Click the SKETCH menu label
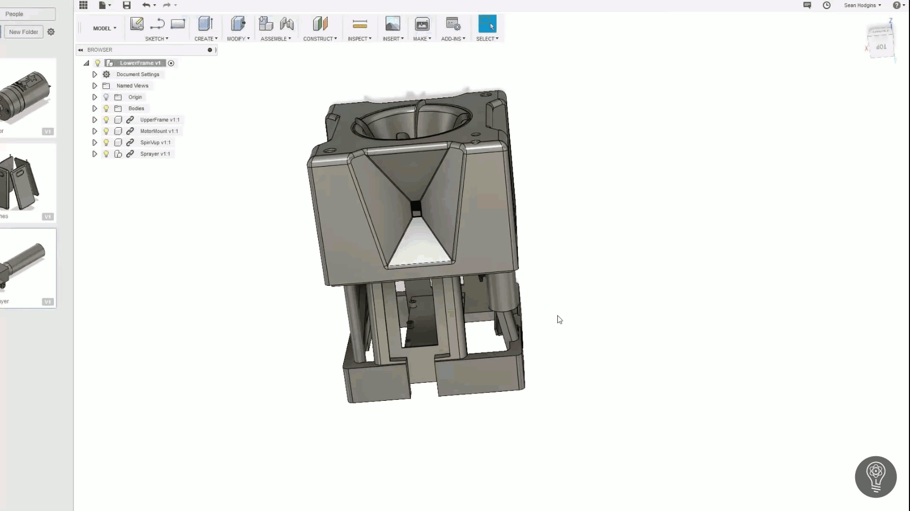156,39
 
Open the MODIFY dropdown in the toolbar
238,39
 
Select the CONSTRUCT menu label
320,39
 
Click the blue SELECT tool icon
487,24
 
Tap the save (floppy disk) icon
126,5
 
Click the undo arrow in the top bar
145,5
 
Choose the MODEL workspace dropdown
104,28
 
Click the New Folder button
23,32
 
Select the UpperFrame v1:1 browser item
159,120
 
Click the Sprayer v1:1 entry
155,154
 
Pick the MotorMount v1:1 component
159,131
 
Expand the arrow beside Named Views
95,86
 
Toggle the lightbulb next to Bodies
106,109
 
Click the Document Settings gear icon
106,75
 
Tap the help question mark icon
896,5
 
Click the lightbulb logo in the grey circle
875,476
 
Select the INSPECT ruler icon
360,24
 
